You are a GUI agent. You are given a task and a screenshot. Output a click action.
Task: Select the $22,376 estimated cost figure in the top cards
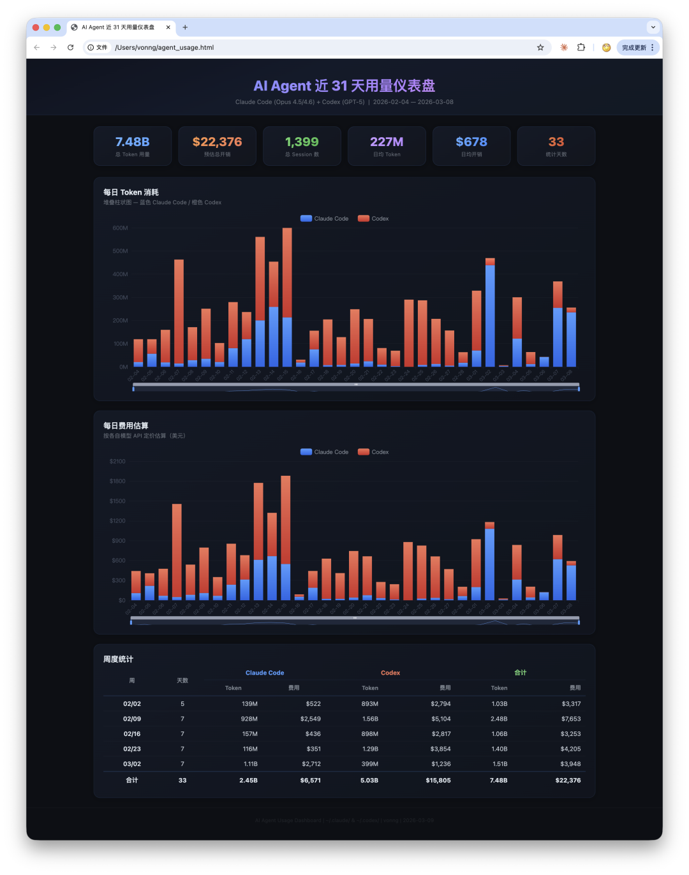tap(218, 142)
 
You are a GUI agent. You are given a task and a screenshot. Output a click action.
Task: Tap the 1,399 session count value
tap(302, 142)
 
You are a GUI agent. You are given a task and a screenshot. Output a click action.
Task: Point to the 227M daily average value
tap(387, 142)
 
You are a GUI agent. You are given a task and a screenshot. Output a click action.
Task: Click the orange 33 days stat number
tap(556, 142)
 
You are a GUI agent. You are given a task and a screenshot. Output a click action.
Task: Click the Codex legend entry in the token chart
tap(373, 219)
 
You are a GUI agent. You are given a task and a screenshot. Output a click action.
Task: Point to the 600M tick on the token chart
tap(120, 228)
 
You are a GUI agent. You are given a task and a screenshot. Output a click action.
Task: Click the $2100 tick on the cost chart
tap(117, 462)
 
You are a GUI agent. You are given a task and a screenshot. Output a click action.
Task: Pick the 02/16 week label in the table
tap(132, 734)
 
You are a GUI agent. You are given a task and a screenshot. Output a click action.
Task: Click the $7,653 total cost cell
tap(570, 719)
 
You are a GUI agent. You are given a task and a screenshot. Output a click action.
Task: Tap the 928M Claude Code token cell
tap(249, 719)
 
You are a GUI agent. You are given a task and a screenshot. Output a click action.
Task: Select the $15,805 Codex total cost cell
tap(438, 781)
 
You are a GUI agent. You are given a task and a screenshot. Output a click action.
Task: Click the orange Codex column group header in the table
tap(390, 673)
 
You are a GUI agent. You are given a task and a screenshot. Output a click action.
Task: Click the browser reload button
tap(70, 48)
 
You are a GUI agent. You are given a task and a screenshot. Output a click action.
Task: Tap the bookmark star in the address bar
tap(540, 48)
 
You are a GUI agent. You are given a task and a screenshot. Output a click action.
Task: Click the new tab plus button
tap(185, 27)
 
